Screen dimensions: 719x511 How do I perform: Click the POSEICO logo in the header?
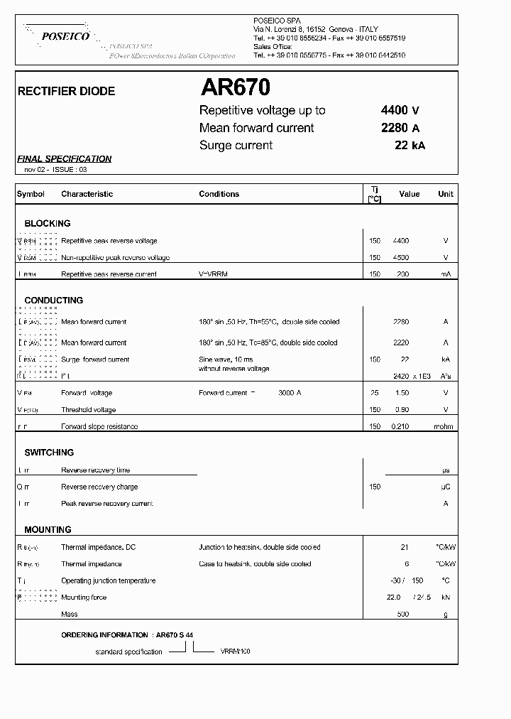pyautogui.click(x=65, y=36)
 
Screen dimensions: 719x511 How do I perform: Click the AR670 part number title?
pyautogui.click(x=235, y=87)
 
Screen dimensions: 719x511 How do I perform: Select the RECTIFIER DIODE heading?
pyautogui.click(x=66, y=92)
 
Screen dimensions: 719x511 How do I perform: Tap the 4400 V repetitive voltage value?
pyautogui.click(x=400, y=110)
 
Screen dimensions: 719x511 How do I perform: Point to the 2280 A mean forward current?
pyautogui.click(x=400, y=128)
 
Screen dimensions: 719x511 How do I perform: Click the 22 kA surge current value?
pyautogui.click(x=410, y=146)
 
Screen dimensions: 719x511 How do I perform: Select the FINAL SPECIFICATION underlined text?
pyautogui.click(x=65, y=159)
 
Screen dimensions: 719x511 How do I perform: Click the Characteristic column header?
pyautogui.click(x=87, y=194)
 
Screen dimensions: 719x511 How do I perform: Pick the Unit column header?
pyautogui.click(x=445, y=194)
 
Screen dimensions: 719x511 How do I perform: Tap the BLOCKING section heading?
pyautogui.click(x=48, y=223)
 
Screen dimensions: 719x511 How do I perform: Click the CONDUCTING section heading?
pyautogui.click(x=54, y=301)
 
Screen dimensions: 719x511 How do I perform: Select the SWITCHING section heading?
pyautogui.click(x=49, y=453)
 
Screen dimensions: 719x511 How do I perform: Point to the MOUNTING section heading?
pyautogui.click(x=48, y=530)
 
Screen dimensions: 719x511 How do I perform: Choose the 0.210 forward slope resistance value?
pyautogui.click(x=402, y=427)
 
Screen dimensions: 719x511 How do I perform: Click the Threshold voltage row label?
pyautogui.click(x=89, y=410)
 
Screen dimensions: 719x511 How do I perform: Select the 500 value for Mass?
pyautogui.click(x=402, y=615)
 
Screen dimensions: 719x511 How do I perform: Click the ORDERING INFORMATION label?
pyautogui.click(x=106, y=634)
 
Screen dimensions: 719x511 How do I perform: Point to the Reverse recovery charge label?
pyautogui.click(x=99, y=487)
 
